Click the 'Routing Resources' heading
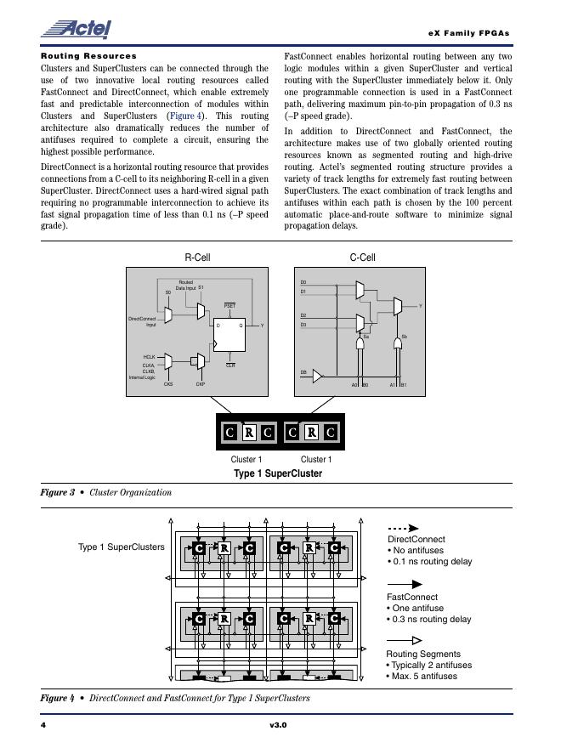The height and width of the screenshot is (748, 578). [88, 56]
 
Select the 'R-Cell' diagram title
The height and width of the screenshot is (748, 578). [197, 258]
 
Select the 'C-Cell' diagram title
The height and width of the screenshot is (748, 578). [362, 258]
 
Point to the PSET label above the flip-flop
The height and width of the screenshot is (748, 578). [229, 305]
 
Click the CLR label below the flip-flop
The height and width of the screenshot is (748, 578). [230, 365]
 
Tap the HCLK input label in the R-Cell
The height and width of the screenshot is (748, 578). [149, 357]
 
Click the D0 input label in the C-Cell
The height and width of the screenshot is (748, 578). [303, 282]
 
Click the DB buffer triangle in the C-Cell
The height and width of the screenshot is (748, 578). [318, 375]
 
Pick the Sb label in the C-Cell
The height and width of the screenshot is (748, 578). [404, 337]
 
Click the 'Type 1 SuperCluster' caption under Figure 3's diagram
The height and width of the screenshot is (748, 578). [278, 473]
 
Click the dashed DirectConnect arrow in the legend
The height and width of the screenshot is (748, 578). [404, 528]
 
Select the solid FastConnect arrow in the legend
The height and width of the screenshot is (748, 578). [405, 585]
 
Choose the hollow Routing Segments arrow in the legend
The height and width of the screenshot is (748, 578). [405, 641]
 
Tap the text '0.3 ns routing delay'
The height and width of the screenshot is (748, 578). [431, 620]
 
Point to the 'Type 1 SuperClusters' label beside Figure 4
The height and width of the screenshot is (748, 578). [122, 547]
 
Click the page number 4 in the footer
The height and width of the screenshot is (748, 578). [43, 725]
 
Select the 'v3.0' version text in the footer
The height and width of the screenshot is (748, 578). [278, 725]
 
